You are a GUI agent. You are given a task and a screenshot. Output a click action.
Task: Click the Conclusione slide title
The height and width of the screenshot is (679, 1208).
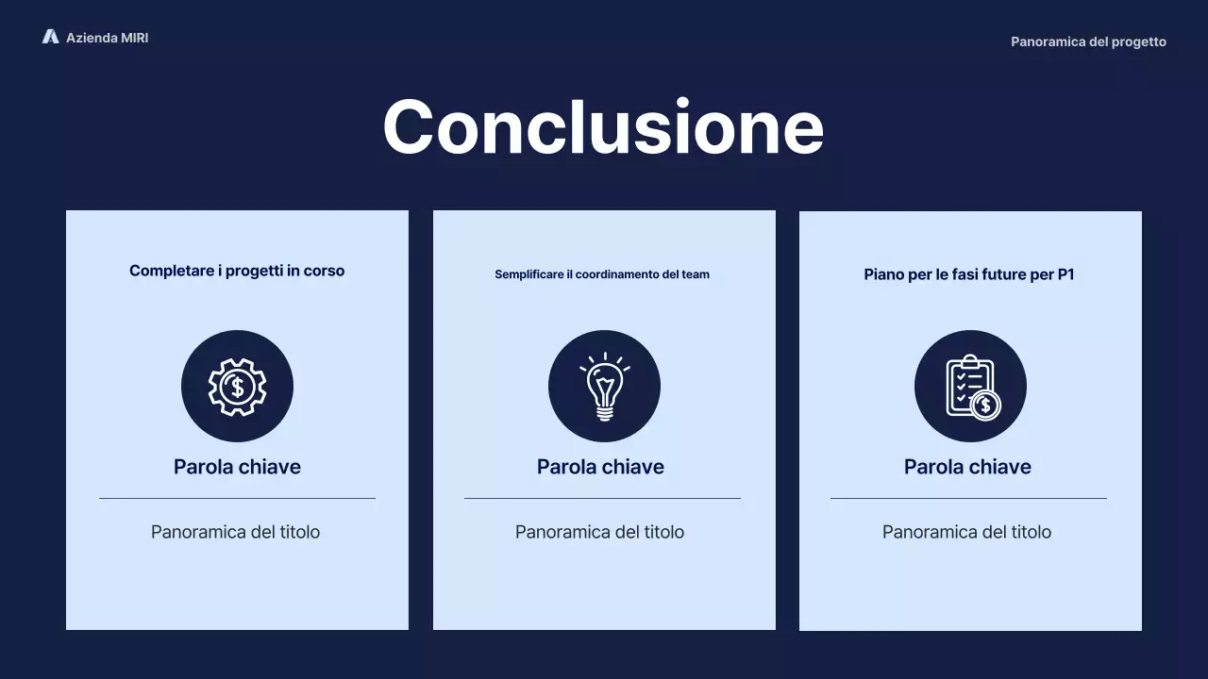pos(603,127)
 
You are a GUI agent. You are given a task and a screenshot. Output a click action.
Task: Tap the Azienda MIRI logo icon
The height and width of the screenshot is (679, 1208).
pos(51,37)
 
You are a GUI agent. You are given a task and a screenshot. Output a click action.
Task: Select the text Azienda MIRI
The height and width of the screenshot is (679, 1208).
pos(107,38)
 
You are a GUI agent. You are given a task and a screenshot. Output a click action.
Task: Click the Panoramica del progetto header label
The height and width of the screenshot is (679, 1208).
pos(1088,41)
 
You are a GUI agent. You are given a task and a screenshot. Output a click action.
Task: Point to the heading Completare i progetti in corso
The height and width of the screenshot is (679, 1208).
pos(237,271)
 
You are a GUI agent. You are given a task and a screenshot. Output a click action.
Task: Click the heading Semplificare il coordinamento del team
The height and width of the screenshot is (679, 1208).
pos(602,274)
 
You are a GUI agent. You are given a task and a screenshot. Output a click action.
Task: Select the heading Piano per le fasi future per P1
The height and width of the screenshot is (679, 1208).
pos(969,274)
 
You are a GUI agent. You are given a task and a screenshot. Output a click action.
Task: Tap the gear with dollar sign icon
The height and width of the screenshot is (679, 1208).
pos(237,386)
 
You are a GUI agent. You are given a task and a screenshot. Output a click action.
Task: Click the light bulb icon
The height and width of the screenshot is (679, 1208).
pos(604,386)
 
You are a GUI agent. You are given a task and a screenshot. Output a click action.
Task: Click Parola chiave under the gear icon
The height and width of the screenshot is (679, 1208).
pos(237,467)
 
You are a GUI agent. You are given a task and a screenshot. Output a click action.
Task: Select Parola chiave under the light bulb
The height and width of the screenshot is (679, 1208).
pos(600,467)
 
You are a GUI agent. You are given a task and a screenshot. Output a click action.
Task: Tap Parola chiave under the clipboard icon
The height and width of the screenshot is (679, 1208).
pos(967,467)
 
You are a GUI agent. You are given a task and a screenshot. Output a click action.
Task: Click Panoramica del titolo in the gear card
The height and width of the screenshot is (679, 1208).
pos(235,532)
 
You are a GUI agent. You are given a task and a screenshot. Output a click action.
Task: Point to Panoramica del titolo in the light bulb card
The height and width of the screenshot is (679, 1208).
pos(599,532)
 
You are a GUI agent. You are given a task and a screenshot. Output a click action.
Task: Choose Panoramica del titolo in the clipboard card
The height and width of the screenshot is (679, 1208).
pos(966,532)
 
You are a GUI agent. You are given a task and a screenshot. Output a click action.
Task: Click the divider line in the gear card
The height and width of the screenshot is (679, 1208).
pos(237,498)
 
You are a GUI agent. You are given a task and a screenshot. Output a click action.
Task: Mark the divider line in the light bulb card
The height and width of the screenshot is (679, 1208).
pos(602,498)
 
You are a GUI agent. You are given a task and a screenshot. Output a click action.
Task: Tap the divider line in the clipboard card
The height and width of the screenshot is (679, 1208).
pos(968,498)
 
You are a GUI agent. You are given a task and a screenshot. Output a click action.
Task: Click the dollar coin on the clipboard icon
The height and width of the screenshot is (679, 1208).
pos(985,406)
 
